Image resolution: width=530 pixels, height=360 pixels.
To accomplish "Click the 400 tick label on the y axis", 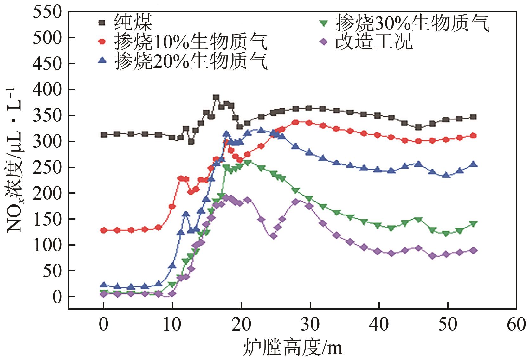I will coord(48,90).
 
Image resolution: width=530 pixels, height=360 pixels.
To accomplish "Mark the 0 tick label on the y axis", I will coord(57,297).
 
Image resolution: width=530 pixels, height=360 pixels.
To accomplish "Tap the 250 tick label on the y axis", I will coord(48,167).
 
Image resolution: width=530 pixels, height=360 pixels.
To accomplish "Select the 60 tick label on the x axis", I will coord(516,325).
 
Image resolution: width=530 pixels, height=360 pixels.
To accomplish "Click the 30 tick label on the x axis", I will coord(310,325).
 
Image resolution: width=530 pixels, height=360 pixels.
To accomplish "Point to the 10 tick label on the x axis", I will coord(172,325).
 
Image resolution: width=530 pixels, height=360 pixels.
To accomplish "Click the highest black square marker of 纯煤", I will coord(216,98).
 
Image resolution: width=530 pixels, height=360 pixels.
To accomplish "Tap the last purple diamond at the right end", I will coord(474,250).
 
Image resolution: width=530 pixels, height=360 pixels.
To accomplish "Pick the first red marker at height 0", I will coord(104,230).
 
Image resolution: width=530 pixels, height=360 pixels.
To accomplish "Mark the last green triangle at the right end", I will coord(474,224).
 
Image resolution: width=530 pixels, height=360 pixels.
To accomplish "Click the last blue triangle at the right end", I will coord(474,164).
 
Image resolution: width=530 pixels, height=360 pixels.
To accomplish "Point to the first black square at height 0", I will coord(104,135).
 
